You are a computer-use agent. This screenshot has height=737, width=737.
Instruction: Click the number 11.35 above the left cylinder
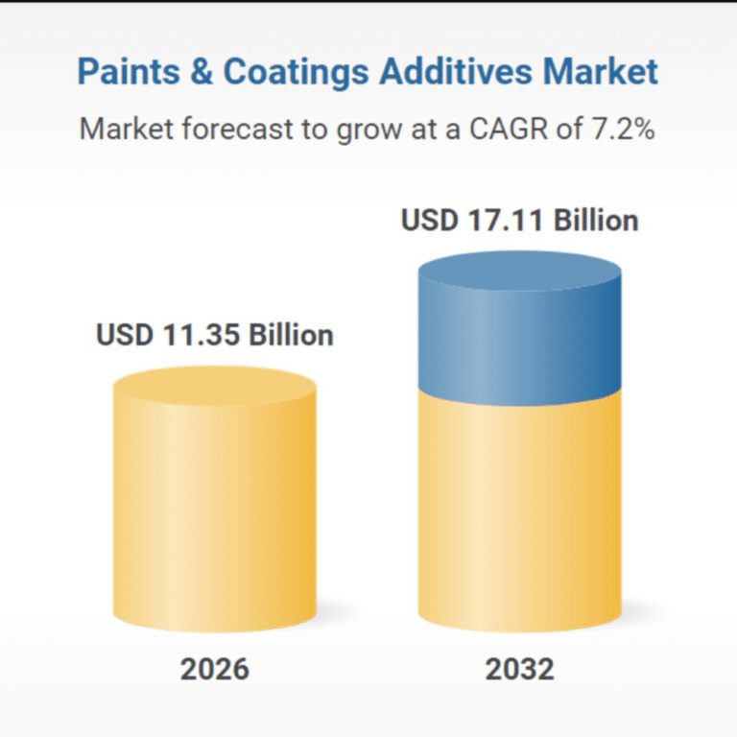pos(198,335)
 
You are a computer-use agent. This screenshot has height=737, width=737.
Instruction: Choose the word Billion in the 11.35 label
pos(290,335)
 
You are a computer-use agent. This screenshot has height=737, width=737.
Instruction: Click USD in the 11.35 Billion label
pos(124,335)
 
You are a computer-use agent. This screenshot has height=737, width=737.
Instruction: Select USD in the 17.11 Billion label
pos(429,221)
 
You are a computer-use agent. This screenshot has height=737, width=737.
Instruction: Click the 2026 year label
pos(214,669)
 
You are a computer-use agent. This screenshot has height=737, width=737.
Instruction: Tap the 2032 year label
pos(519,669)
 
